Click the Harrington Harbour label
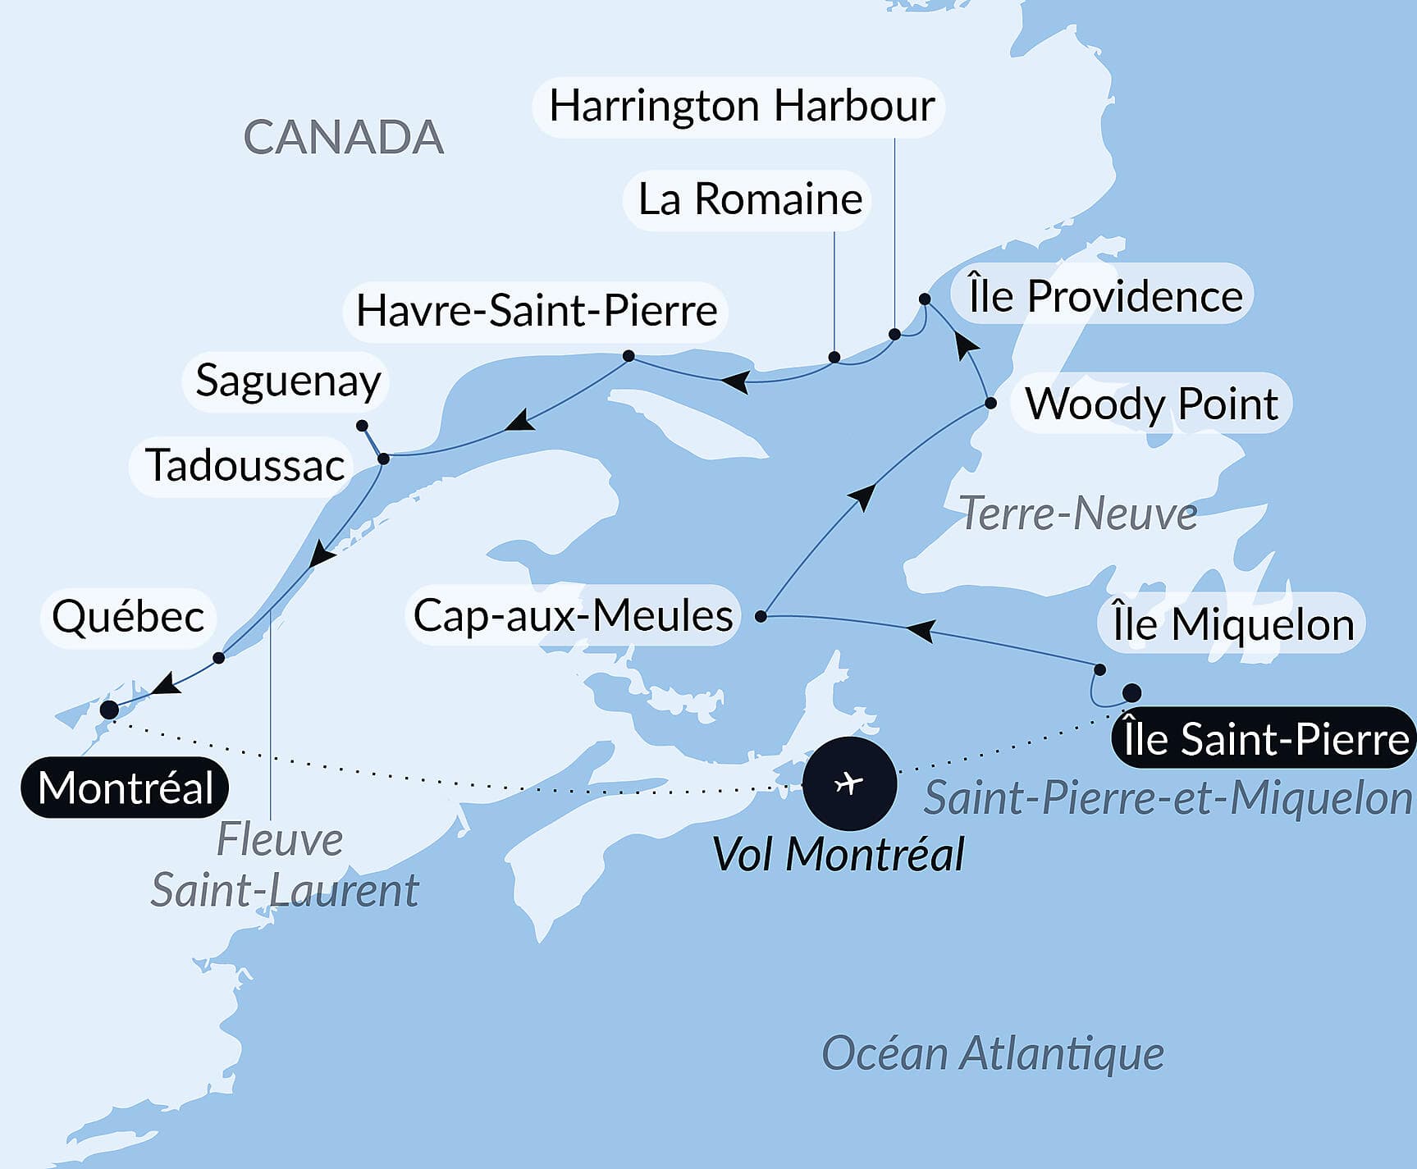pyautogui.click(x=741, y=107)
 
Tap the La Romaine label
pyautogui.click(x=749, y=200)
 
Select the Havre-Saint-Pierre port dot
pyautogui.click(x=629, y=356)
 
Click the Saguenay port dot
pyautogui.click(x=362, y=426)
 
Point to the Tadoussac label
pyautogui.click(x=244, y=466)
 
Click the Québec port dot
pyautogui.click(x=218, y=658)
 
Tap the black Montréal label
pyautogui.click(x=125, y=788)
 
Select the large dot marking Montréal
pyautogui.click(x=109, y=710)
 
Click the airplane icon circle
pyautogui.click(x=849, y=783)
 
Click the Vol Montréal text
pyautogui.click(x=838, y=855)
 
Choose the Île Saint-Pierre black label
pyautogui.click(x=1264, y=739)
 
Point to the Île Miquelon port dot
pyautogui.click(x=1100, y=669)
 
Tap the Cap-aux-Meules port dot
pyautogui.click(x=761, y=616)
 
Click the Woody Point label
pyautogui.click(x=1151, y=404)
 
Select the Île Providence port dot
pyautogui.click(x=925, y=299)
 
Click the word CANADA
pyautogui.click(x=344, y=138)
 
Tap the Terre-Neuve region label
pyautogui.click(x=1077, y=514)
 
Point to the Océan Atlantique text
pyautogui.click(x=992, y=1053)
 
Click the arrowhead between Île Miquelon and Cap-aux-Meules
pyautogui.click(x=921, y=630)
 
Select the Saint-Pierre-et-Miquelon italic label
pyautogui.click(x=1168, y=798)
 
